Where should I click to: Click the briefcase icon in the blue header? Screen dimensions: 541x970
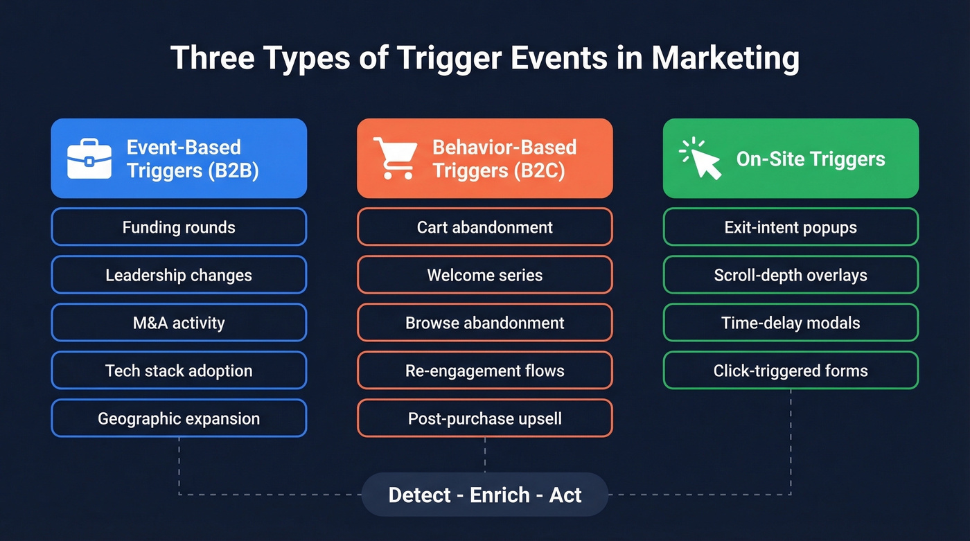tap(89, 159)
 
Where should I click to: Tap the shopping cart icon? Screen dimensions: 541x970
tap(394, 159)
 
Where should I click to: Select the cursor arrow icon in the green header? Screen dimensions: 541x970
tap(700, 159)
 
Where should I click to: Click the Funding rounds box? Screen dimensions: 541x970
tap(179, 227)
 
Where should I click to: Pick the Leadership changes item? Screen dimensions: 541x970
tap(179, 275)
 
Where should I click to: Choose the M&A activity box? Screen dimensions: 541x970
tap(179, 323)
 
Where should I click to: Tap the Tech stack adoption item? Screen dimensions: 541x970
tap(179, 371)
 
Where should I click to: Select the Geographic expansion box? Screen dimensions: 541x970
tap(179, 418)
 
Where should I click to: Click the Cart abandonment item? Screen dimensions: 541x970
tap(485, 227)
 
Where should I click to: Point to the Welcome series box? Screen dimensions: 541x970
tap(485, 275)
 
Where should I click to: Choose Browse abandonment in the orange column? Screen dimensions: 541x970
tap(485, 323)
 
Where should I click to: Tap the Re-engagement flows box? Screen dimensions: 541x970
tap(485, 371)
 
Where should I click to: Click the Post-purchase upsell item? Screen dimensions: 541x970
tap(485, 418)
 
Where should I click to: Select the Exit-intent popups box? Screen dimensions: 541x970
tap(791, 227)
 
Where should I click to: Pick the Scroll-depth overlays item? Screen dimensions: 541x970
tap(791, 275)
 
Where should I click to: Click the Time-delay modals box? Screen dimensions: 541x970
tap(791, 323)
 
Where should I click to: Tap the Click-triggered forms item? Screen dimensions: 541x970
tap(791, 371)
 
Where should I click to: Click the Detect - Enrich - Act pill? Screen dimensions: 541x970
tap(485, 495)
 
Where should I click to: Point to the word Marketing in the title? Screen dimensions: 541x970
tap(725, 59)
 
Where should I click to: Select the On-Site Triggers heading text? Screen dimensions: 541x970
tap(811, 159)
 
